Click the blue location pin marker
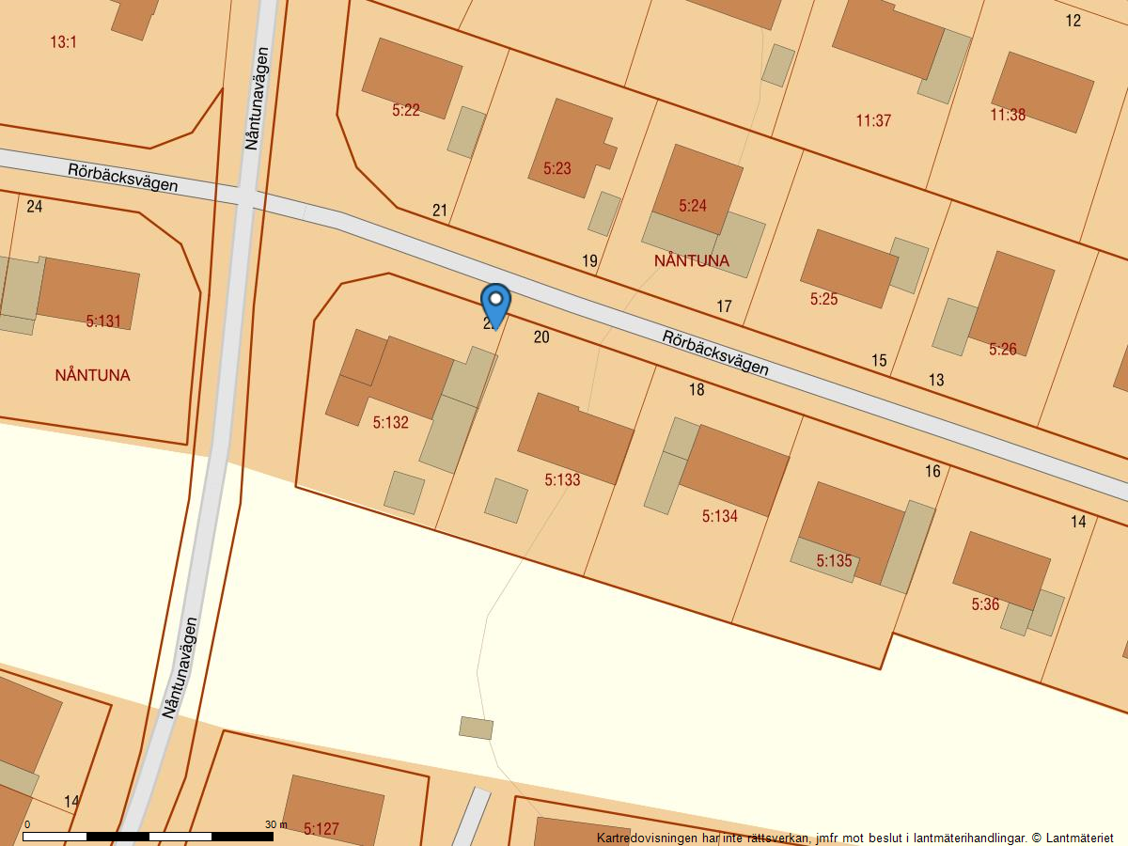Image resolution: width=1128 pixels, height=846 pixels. point(495,303)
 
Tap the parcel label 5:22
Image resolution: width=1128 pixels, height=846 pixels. point(406,110)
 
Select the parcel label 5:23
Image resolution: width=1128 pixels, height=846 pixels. point(557,169)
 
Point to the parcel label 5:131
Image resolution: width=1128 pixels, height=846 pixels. point(103,321)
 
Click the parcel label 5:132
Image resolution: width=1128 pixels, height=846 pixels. point(390,423)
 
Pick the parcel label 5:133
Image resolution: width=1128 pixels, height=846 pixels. point(562,480)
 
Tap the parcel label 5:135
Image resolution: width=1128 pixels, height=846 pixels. point(834,561)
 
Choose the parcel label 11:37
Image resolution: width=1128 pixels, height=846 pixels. point(873,120)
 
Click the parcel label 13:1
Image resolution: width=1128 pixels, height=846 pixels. point(63,42)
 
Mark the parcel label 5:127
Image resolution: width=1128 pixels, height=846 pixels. point(321,829)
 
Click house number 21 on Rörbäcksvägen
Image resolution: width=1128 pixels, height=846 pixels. point(439,211)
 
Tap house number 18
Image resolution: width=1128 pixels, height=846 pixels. point(697,390)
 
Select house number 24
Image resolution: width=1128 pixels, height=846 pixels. point(35,207)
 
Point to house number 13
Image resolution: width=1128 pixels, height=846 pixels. point(936,381)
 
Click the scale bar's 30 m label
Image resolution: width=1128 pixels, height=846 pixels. point(276,824)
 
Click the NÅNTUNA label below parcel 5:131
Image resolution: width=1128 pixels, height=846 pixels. point(93,375)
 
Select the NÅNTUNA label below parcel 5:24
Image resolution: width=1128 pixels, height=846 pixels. point(692,260)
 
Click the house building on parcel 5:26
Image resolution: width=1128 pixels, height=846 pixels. point(1011,302)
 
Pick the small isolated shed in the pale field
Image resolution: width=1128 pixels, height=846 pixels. point(476,728)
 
